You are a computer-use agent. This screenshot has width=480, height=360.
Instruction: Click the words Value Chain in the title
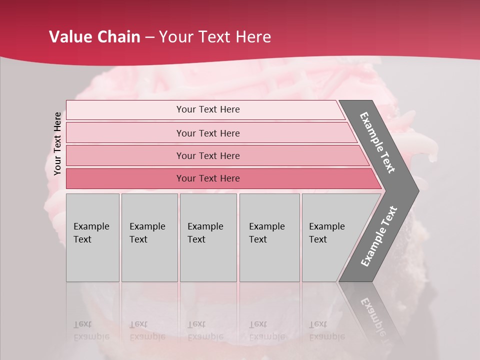click(x=94, y=37)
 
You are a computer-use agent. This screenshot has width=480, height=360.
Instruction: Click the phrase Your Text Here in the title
click(x=215, y=37)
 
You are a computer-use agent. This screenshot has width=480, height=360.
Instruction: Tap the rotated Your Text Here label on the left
click(x=57, y=143)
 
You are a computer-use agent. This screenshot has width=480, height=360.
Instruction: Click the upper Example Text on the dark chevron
click(x=377, y=142)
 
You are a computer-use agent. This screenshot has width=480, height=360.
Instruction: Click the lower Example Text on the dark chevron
click(x=379, y=236)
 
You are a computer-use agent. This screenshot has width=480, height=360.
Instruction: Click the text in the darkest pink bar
click(x=208, y=178)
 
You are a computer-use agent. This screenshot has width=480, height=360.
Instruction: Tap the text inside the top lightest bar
click(x=208, y=109)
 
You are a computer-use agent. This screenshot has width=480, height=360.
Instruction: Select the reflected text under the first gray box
click(x=91, y=330)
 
